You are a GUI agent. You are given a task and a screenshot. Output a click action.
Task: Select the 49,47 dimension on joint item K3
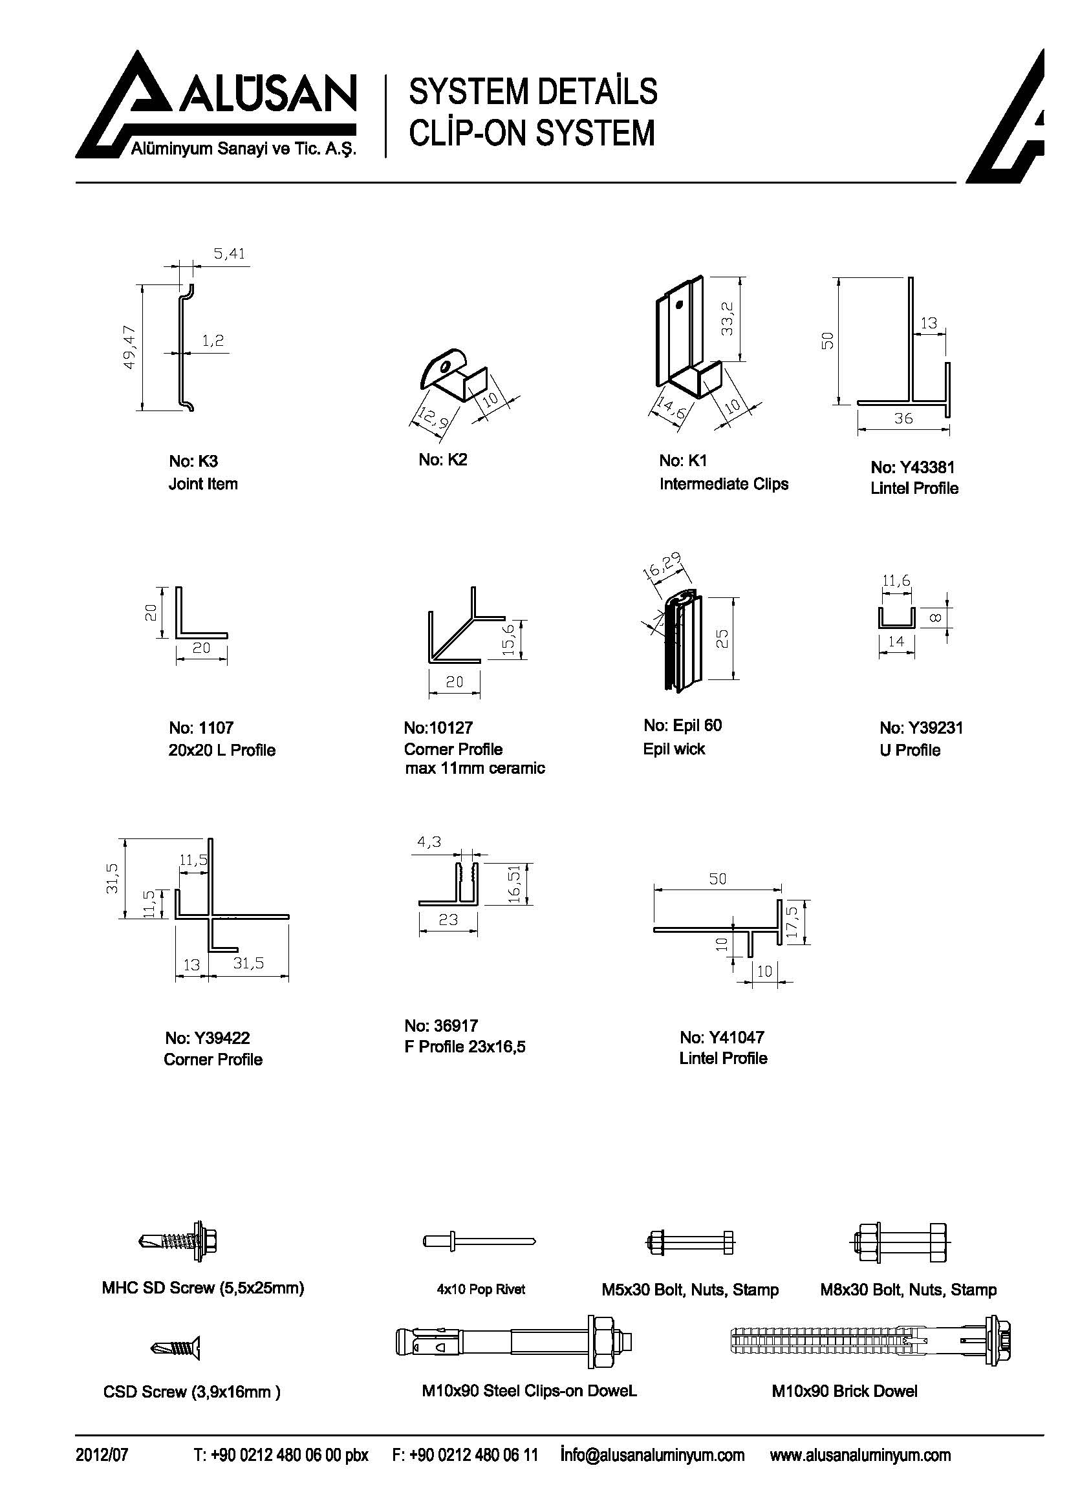(x=129, y=347)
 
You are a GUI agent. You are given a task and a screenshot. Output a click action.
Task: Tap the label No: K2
(x=442, y=460)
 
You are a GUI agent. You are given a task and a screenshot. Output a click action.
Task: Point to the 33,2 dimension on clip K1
(x=727, y=318)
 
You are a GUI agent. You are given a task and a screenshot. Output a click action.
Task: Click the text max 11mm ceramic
(x=475, y=768)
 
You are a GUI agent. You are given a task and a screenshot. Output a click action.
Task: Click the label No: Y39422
(x=208, y=1038)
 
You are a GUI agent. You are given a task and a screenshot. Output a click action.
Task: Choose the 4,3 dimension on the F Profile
(x=429, y=842)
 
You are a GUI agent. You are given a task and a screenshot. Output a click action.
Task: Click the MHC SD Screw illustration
(x=178, y=1242)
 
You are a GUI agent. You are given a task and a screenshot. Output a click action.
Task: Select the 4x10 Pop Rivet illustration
(x=479, y=1241)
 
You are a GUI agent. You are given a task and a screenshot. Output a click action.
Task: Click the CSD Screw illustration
(x=175, y=1347)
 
